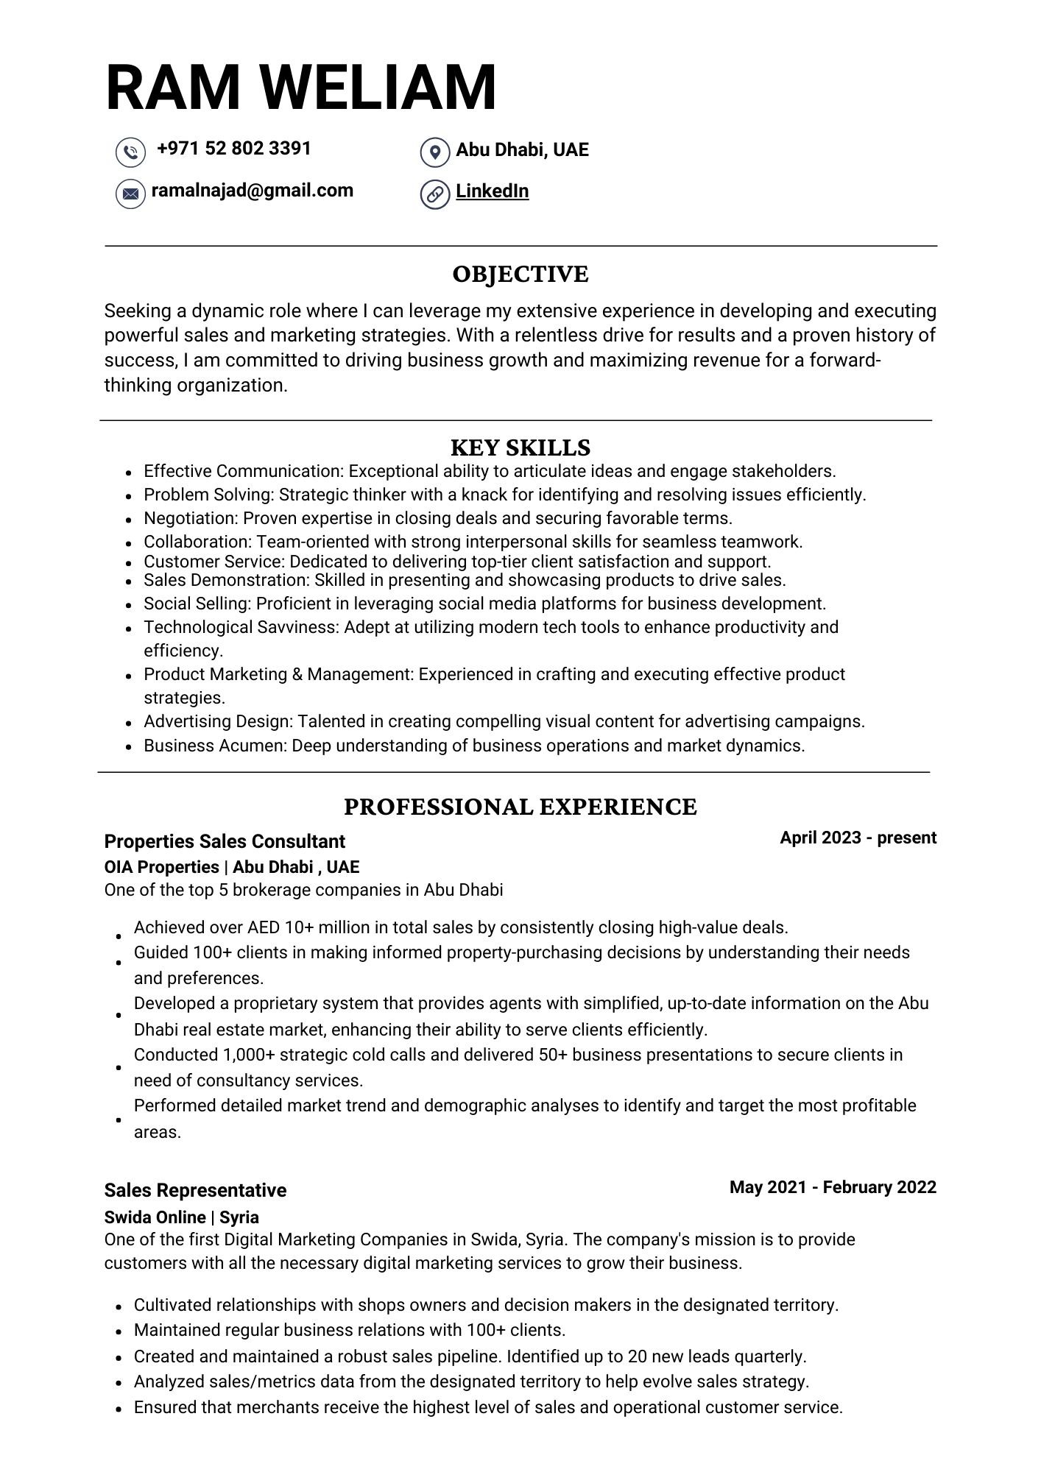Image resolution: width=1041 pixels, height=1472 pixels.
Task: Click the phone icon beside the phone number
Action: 130,152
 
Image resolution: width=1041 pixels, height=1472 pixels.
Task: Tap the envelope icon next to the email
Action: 130,194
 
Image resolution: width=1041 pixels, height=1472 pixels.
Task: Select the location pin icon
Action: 435,152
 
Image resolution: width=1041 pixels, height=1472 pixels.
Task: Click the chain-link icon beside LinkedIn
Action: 435,194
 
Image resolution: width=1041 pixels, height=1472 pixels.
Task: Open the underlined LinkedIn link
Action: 492,191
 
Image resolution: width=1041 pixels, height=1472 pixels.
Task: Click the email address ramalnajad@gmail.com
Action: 252,191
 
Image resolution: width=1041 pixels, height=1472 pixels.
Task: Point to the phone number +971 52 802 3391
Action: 234,149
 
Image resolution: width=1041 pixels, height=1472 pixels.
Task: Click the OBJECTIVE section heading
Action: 520,275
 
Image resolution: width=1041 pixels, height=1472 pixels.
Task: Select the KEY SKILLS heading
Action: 520,447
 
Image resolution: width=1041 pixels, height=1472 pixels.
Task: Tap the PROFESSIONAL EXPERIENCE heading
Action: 520,807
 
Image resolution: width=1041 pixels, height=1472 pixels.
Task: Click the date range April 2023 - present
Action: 858,838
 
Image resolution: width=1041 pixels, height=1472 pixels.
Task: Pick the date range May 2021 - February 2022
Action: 833,1187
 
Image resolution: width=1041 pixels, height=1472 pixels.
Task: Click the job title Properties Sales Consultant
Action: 225,841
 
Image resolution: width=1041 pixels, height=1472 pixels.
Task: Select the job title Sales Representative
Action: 195,1190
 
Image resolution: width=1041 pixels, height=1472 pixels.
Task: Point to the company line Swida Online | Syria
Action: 181,1217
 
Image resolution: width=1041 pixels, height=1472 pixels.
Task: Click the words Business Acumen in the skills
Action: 214,746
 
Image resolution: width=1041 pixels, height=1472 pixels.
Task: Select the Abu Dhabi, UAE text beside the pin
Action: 522,150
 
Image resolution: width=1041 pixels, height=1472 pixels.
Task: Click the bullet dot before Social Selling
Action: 129,605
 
